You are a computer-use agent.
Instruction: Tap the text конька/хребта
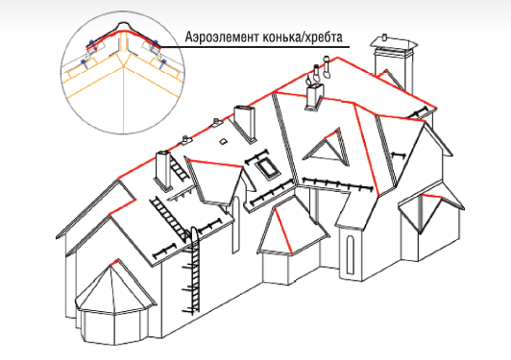303,37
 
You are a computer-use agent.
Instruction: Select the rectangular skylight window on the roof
267,169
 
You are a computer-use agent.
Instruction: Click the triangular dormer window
327,148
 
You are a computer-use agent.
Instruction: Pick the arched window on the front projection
350,255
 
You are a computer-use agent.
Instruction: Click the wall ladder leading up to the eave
194,271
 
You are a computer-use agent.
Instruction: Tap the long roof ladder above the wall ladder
169,218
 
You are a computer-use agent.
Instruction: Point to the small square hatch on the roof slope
223,141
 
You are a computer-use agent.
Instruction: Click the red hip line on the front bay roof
282,229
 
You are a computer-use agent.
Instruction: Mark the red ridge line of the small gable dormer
215,163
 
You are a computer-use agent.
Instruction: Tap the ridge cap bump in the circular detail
123,26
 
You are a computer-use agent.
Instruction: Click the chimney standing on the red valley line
314,96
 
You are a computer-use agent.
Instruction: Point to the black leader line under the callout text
255,47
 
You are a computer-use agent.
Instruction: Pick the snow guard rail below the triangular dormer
337,183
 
